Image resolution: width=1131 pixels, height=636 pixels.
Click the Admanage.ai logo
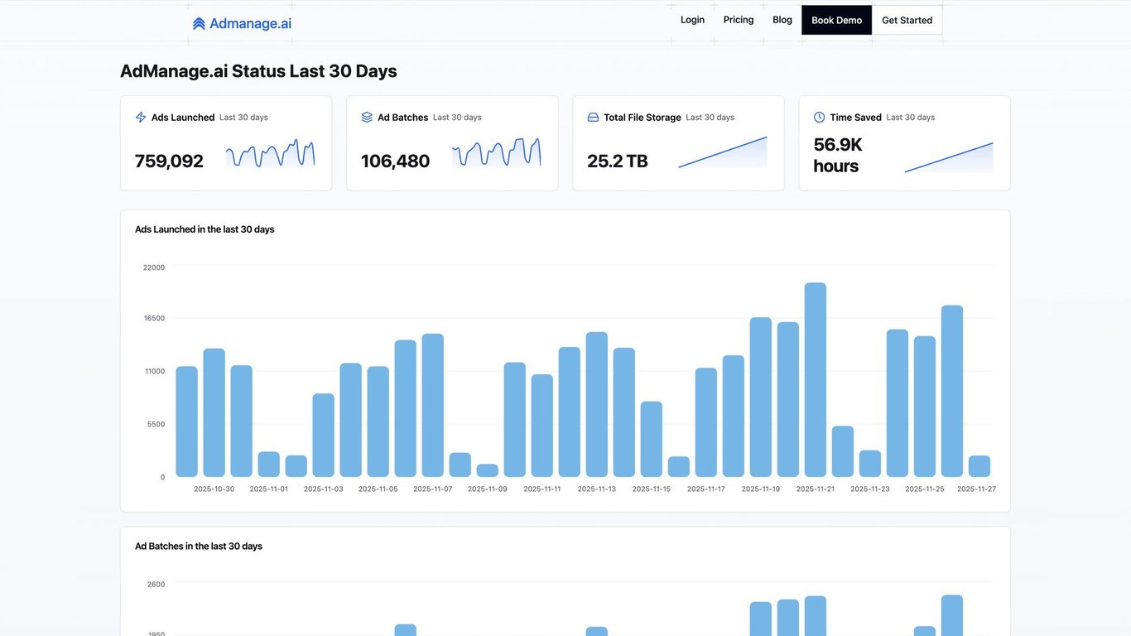242,24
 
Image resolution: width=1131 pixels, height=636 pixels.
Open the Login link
692,20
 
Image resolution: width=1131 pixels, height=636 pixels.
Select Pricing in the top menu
739,20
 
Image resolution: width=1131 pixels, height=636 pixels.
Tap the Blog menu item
782,20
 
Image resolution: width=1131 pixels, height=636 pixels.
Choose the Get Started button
907,21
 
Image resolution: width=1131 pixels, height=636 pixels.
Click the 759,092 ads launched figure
169,161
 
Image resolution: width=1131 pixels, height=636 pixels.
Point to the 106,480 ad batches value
395,161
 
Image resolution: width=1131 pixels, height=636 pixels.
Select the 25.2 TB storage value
618,161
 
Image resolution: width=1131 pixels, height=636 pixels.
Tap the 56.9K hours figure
837,155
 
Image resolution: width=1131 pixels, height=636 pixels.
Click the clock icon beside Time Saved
820,118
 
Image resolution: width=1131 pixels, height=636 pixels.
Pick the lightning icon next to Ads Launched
141,118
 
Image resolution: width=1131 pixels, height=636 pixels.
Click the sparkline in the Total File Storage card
723,153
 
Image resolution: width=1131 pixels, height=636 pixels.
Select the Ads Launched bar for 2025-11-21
816,380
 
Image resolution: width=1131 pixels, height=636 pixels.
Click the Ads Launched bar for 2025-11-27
979,466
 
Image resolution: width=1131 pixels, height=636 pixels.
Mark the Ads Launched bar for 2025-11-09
488,470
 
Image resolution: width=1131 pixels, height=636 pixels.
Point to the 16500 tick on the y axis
155,318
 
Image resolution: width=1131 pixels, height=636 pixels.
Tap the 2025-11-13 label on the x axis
597,489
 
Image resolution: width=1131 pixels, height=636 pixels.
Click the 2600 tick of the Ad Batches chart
156,585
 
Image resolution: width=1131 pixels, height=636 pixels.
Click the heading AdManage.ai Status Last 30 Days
258,71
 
